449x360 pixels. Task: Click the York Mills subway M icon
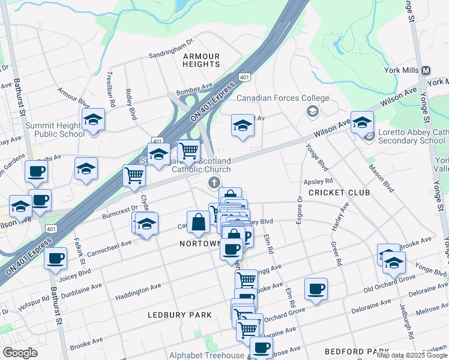(426, 70)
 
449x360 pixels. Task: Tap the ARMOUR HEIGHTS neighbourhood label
(201, 60)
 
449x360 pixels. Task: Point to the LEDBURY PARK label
(180, 315)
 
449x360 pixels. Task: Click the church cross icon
(213, 182)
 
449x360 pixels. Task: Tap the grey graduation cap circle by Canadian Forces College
(312, 111)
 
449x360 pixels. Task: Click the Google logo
(20, 353)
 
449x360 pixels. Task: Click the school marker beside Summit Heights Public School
(93, 121)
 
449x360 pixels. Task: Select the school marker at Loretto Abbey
(362, 122)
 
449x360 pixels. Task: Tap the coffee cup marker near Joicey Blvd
(56, 259)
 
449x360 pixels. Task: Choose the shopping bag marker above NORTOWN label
(198, 222)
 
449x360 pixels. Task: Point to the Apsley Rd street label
(319, 180)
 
